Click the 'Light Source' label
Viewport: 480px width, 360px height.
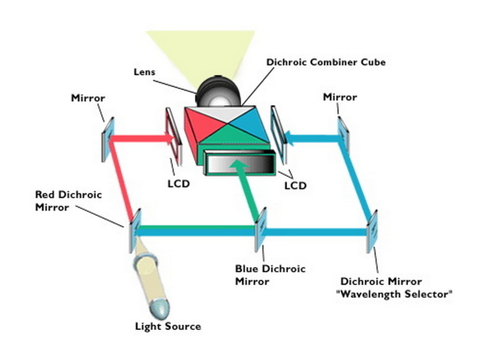click(x=167, y=326)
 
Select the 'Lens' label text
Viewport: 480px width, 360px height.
click(x=144, y=72)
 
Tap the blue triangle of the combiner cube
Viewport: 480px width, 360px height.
click(x=249, y=127)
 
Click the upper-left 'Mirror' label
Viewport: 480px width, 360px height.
click(x=88, y=97)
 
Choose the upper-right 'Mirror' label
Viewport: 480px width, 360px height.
click(x=340, y=97)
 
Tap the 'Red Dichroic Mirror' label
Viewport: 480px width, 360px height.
click(x=68, y=200)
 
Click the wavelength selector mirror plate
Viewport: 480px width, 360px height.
click(x=372, y=228)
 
